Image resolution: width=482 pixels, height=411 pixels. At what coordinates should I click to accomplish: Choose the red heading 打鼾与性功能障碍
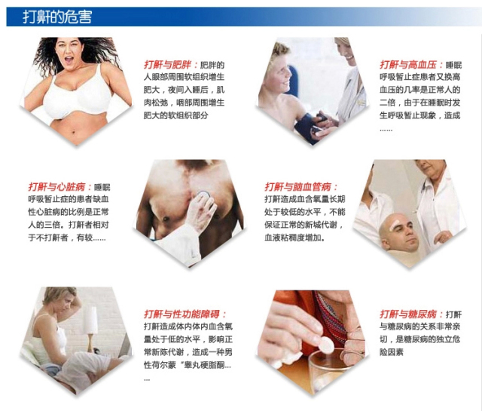(185, 313)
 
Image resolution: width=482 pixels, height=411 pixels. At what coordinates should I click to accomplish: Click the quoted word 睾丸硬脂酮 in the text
(206, 366)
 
